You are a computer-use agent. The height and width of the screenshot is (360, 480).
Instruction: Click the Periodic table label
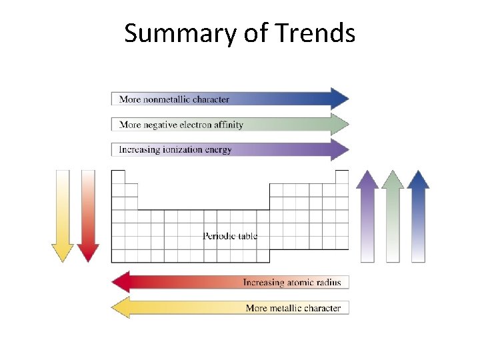click(230, 236)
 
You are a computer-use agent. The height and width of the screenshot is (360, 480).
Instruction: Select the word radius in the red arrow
click(327, 283)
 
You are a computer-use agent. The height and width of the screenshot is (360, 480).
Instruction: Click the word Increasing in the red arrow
click(264, 283)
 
